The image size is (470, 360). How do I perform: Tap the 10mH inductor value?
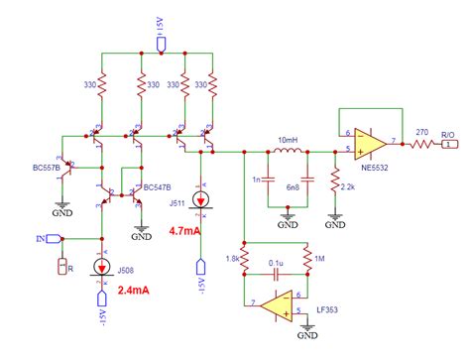click(288, 138)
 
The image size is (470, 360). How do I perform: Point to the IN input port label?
click(40, 239)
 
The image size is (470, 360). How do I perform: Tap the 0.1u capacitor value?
click(275, 265)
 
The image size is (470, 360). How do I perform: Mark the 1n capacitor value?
click(256, 180)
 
